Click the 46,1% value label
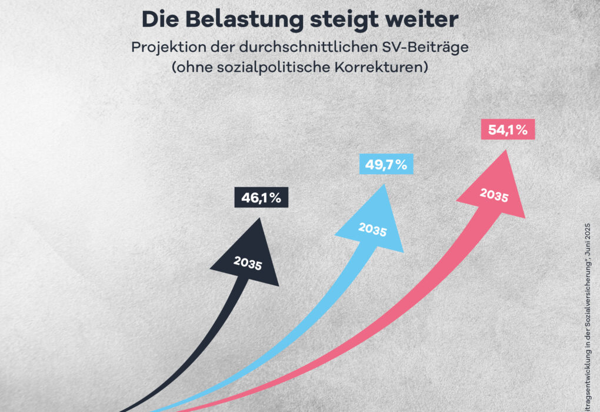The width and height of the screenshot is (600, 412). (x=262, y=198)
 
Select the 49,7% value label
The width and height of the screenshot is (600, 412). (x=386, y=165)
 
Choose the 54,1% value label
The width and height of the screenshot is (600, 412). (x=508, y=130)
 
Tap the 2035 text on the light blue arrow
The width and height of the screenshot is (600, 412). (x=372, y=229)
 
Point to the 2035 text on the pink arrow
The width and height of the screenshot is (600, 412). (x=494, y=195)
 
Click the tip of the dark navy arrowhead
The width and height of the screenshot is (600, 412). (x=259, y=219)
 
